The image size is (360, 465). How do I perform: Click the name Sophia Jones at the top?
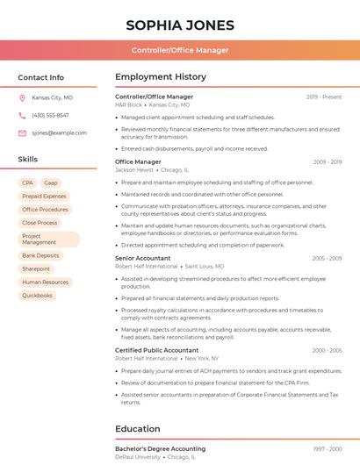pos(180,25)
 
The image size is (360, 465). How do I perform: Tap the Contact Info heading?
pos(41,77)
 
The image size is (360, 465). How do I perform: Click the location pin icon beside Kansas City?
pos(22,98)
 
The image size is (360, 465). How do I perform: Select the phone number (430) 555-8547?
pos(50,115)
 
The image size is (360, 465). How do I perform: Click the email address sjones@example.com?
pos(59,132)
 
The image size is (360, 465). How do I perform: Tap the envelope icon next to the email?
pos(22,132)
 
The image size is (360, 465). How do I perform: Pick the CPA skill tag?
pos(27,183)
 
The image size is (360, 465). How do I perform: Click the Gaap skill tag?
pos(50,183)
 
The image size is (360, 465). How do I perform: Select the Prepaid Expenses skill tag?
pos(44,197)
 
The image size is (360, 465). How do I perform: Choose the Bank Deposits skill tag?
pos(40,255)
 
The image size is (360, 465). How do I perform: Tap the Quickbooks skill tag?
pos(38,296)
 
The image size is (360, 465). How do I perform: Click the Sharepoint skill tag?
pos(36,268)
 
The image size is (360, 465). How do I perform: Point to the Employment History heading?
pos(161,77)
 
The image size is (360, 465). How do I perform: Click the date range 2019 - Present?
pos(324,97)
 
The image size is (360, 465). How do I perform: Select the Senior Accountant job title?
pos(143,259)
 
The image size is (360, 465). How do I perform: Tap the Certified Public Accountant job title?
pos(157,350)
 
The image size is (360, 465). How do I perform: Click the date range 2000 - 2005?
pos(327,350)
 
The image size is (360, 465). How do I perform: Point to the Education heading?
pos(138,429)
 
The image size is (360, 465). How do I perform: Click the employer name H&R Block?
pos(128,104)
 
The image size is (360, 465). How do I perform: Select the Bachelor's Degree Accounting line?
pos(161,448)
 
